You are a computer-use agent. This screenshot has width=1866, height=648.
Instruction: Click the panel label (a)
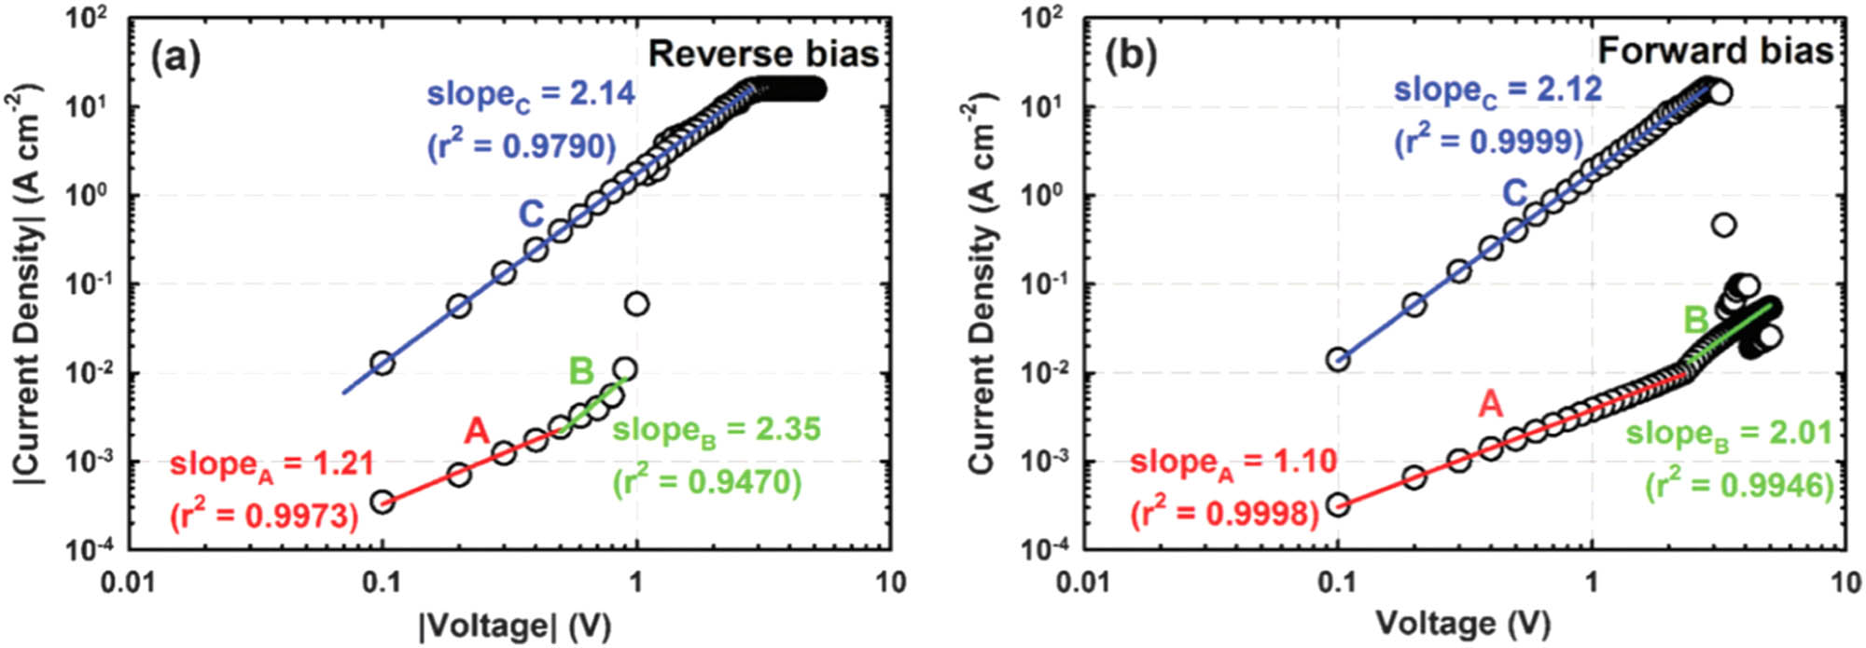(175, 58)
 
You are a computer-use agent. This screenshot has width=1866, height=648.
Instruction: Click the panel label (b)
(1131, 58)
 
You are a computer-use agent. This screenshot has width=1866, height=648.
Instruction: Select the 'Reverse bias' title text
(763, 54)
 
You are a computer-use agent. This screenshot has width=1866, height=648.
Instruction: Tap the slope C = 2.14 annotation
(531, 95)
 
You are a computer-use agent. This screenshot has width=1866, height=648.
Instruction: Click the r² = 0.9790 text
(522, 146)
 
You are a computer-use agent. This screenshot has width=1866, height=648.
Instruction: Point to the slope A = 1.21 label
(272, 463)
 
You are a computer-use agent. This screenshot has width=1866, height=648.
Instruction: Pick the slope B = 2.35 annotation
(717, 430)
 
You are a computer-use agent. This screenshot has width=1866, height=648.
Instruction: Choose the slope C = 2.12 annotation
(1497, 90)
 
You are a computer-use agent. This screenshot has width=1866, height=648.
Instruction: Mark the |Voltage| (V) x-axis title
(515, 624)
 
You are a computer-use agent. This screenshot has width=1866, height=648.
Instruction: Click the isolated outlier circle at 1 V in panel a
(636, 304)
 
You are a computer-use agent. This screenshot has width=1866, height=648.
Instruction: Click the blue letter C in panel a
(531, 214)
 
